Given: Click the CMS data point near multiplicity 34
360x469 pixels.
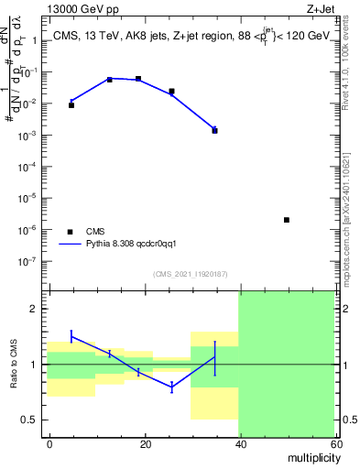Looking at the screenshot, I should [214, 131].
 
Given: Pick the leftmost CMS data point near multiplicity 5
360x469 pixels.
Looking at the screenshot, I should [71, 105].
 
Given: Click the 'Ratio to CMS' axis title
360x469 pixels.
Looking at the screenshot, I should [13, 364].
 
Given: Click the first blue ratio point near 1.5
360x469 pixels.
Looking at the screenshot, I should [71, 335].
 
